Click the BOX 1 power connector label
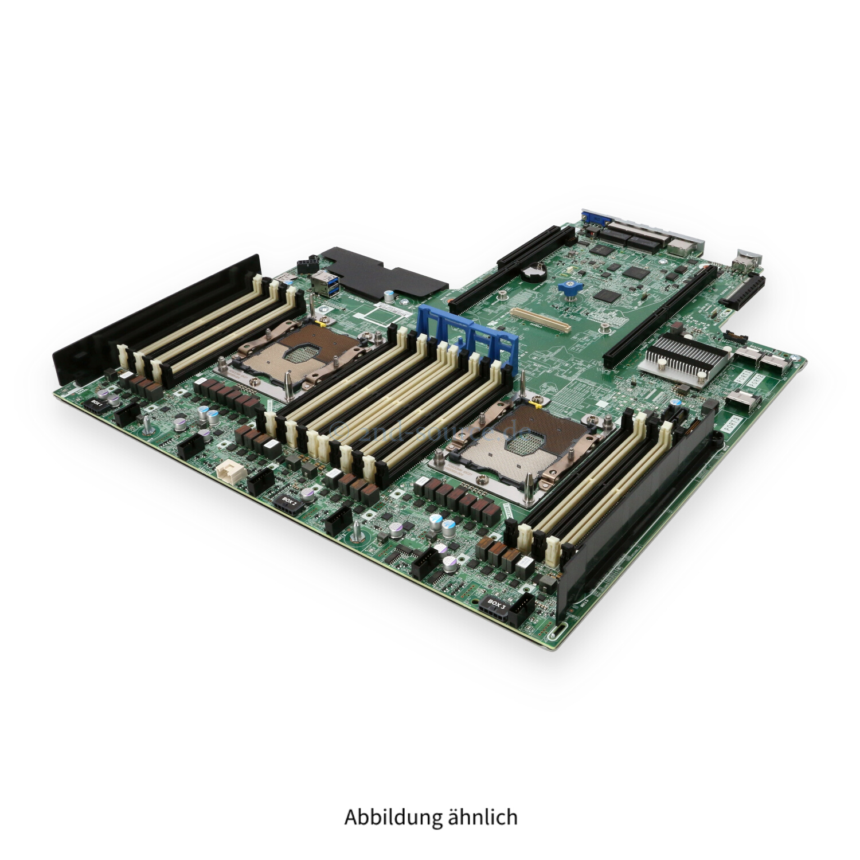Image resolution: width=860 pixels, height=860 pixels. pos(96,404)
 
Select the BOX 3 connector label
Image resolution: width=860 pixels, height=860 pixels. pos(497,604)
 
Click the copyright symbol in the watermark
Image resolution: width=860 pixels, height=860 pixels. pos(339,425)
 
